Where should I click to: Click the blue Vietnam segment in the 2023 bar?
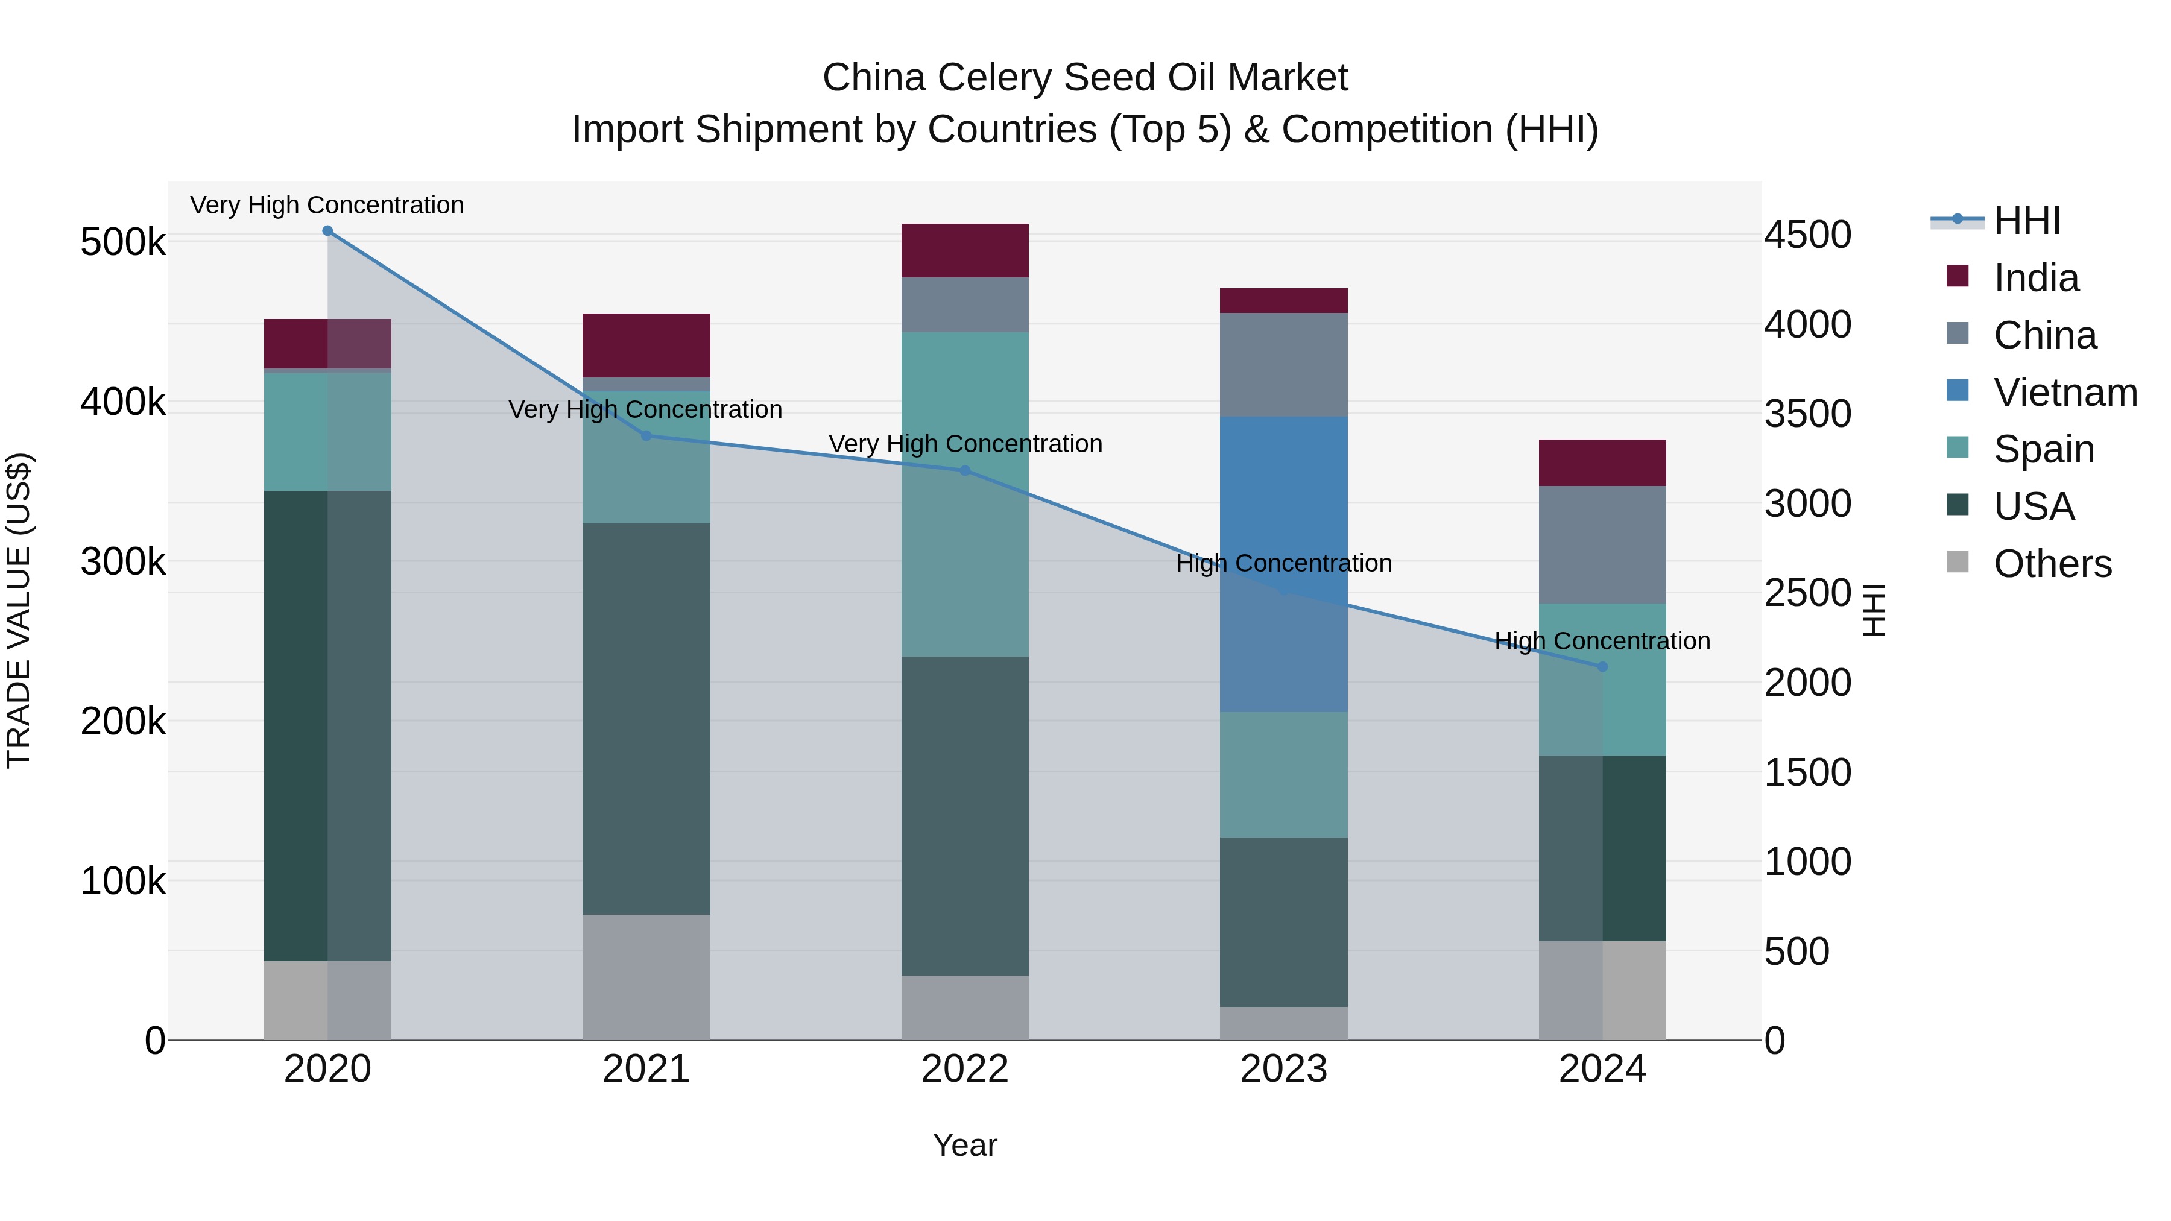[x=1283, y=506]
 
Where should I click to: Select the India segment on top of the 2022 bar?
[x=965, y=250]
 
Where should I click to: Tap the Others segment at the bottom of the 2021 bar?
[x=646, y=977]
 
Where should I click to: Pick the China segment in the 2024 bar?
[x=1602, y=544]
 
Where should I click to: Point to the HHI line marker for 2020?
[x=328, y=231]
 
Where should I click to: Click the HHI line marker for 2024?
[x=1602, y=666]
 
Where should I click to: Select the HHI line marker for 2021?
[x=646, y=436]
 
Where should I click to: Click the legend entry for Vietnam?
[x=2065, y=393]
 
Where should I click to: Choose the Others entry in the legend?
[x=2052, y=564]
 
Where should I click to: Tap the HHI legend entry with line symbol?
[x=2027, y=221]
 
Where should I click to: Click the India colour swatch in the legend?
[x=1958, y=276]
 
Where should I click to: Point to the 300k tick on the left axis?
[x=123, y=562]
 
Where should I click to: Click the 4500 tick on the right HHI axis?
[x=1808, y=235]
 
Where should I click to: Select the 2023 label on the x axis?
[x=1283, y=1069]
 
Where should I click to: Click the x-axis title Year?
[x=965, y=1145]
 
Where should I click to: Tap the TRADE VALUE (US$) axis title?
[x=19, y=610]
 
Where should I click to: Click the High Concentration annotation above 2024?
[x=1602, y=642]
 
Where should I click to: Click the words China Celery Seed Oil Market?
[x=1085, y=78]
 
